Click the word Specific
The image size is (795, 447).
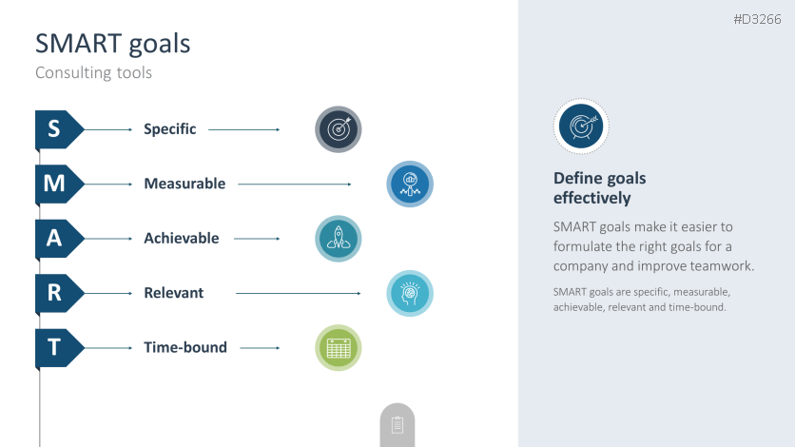[170, 129]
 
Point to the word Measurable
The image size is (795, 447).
[184, 184]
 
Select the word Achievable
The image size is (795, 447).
[182, 238]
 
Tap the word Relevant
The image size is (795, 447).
[174, 293]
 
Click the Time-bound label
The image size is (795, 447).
[185, 348]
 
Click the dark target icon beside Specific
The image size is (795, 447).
[339, 129]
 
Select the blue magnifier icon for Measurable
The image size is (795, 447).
[410, 184]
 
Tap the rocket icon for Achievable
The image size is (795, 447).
[339, 239]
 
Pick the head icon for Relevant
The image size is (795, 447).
[410, 294]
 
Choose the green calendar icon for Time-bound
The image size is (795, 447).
[339, 348]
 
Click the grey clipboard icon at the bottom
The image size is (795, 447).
[397, 425]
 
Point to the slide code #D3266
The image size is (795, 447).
[758, 19]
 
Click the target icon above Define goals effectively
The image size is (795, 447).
[581, 126]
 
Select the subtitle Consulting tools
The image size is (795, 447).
[94, 73]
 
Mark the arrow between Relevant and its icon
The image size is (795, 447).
[299, 294]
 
